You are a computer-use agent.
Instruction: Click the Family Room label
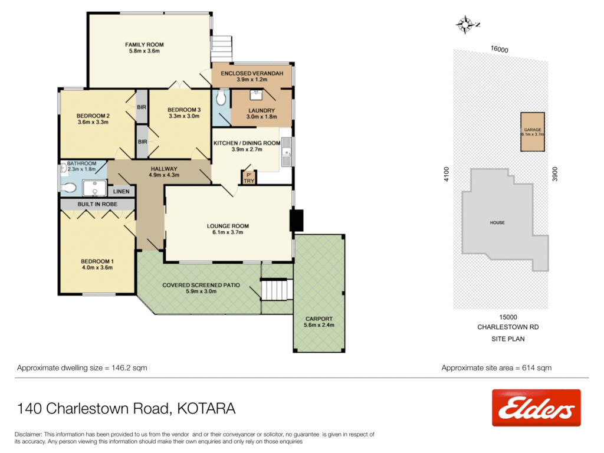click(144, 48)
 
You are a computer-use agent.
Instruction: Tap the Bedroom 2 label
click(93, 119)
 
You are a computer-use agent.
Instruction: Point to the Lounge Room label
click(228, 229)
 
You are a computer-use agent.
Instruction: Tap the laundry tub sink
click(256, 94)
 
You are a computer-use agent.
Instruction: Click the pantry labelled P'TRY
click(248, 178)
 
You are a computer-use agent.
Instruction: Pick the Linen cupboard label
click(122, 192)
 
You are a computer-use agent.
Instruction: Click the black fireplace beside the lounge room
click(296, 221)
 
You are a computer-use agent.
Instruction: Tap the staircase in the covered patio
click(277, 290)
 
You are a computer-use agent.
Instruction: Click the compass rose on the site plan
click(466, 24)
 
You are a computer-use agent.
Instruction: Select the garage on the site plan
click(532, 132)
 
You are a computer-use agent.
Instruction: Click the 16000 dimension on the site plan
click(499, 50)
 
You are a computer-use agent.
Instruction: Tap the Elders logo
click(536, 408)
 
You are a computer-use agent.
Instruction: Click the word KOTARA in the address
click(206, 408)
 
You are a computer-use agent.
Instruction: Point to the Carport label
click(319, 321)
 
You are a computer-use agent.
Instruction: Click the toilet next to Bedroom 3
click(221, 99)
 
